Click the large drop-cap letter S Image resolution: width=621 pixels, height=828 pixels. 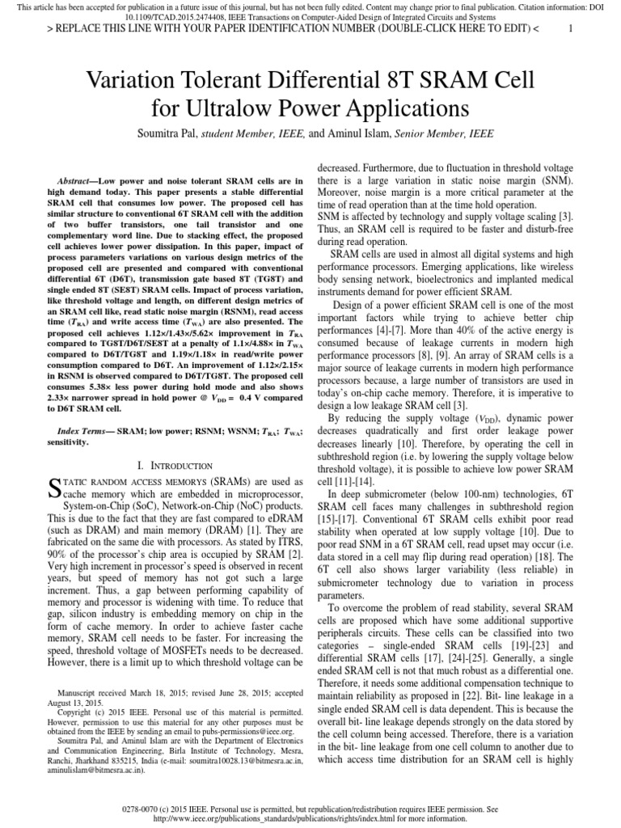coord(54,486)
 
